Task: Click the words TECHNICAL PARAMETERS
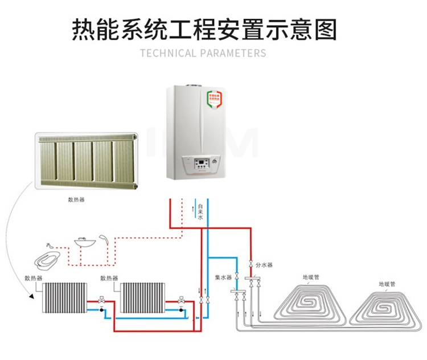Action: pyautogui.click(x=203, y=54)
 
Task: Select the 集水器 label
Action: pyautogui.click(x=223, y=277)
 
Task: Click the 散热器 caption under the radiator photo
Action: pyautogui.click(x=76, y=200)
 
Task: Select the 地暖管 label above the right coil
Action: pyautogui.click(x=387, y=283)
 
